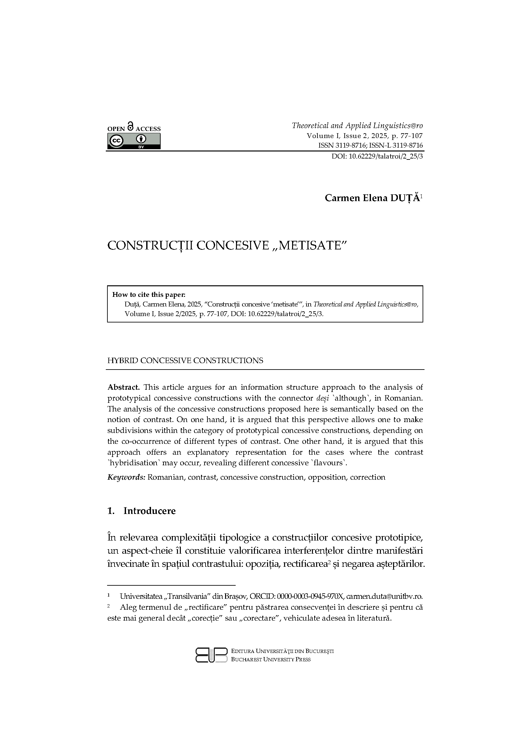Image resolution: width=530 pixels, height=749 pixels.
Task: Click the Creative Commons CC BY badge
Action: (x=134, y=142)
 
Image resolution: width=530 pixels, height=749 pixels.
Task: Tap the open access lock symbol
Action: (x=130, y=126)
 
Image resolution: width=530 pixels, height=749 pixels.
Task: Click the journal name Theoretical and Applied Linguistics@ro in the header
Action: (x=357, y=126)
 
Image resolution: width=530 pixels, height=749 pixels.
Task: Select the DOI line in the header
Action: (x=377, y=156)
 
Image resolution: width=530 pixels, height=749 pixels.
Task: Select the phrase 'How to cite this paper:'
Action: (x=149, y=295)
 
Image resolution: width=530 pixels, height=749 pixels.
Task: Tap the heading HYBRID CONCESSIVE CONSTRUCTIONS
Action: (x=185, y=361)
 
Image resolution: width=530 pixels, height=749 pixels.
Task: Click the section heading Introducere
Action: (x=149, y=511)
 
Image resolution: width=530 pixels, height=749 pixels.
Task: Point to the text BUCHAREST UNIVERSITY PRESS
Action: (x=271, y=659)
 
